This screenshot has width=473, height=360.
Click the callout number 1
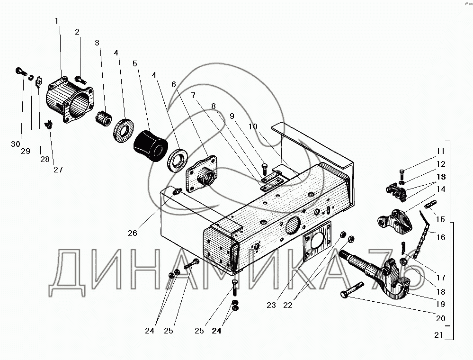57,21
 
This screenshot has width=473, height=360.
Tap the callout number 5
135,63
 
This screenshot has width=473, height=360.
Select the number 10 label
253,126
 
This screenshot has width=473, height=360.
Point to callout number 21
438,335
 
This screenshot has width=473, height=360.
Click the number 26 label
132,233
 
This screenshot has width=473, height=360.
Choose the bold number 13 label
441,177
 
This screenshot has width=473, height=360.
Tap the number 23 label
271,305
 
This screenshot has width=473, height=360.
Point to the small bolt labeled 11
402,172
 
